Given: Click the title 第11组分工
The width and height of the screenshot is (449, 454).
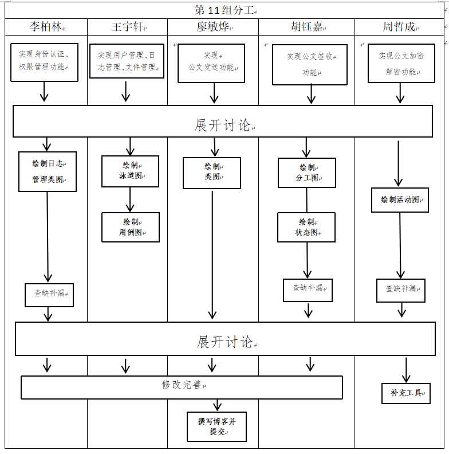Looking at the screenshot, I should point(224,10).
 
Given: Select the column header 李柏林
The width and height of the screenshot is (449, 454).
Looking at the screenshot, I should point(46,27).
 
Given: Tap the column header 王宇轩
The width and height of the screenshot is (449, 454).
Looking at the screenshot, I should point(128,27).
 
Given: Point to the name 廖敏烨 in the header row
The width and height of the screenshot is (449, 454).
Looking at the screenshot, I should point(213,27).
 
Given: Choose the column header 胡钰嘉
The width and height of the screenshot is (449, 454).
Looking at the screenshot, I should point(307,27).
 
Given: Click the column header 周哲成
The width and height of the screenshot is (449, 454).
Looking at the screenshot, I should point(400,27).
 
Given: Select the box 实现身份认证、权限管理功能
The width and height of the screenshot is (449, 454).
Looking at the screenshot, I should point(44,61).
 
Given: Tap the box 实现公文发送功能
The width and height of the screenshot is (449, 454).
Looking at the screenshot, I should point(211,62).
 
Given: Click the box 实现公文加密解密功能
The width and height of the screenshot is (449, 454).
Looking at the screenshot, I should point(400,63).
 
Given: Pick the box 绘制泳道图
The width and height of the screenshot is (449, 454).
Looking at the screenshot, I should point(130,171).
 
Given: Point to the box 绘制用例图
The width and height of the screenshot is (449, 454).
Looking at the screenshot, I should point(131,227).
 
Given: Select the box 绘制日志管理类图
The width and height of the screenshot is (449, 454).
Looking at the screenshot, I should point(48,171).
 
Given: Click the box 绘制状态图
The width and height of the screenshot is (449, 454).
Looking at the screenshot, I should point(306,228).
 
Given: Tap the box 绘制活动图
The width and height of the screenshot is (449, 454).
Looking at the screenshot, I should point(400,200).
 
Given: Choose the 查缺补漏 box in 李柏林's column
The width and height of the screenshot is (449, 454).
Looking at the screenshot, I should point(49,294).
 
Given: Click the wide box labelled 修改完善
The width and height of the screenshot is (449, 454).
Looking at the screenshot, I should point(182,387).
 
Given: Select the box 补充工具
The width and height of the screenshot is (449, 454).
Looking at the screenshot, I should point(406,393).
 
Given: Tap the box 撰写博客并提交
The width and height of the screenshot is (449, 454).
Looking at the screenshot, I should point(216,426).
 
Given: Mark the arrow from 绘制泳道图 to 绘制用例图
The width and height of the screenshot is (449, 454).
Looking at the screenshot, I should point(130,199).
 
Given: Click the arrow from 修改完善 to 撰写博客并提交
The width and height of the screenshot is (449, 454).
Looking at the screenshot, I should point(217,405).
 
